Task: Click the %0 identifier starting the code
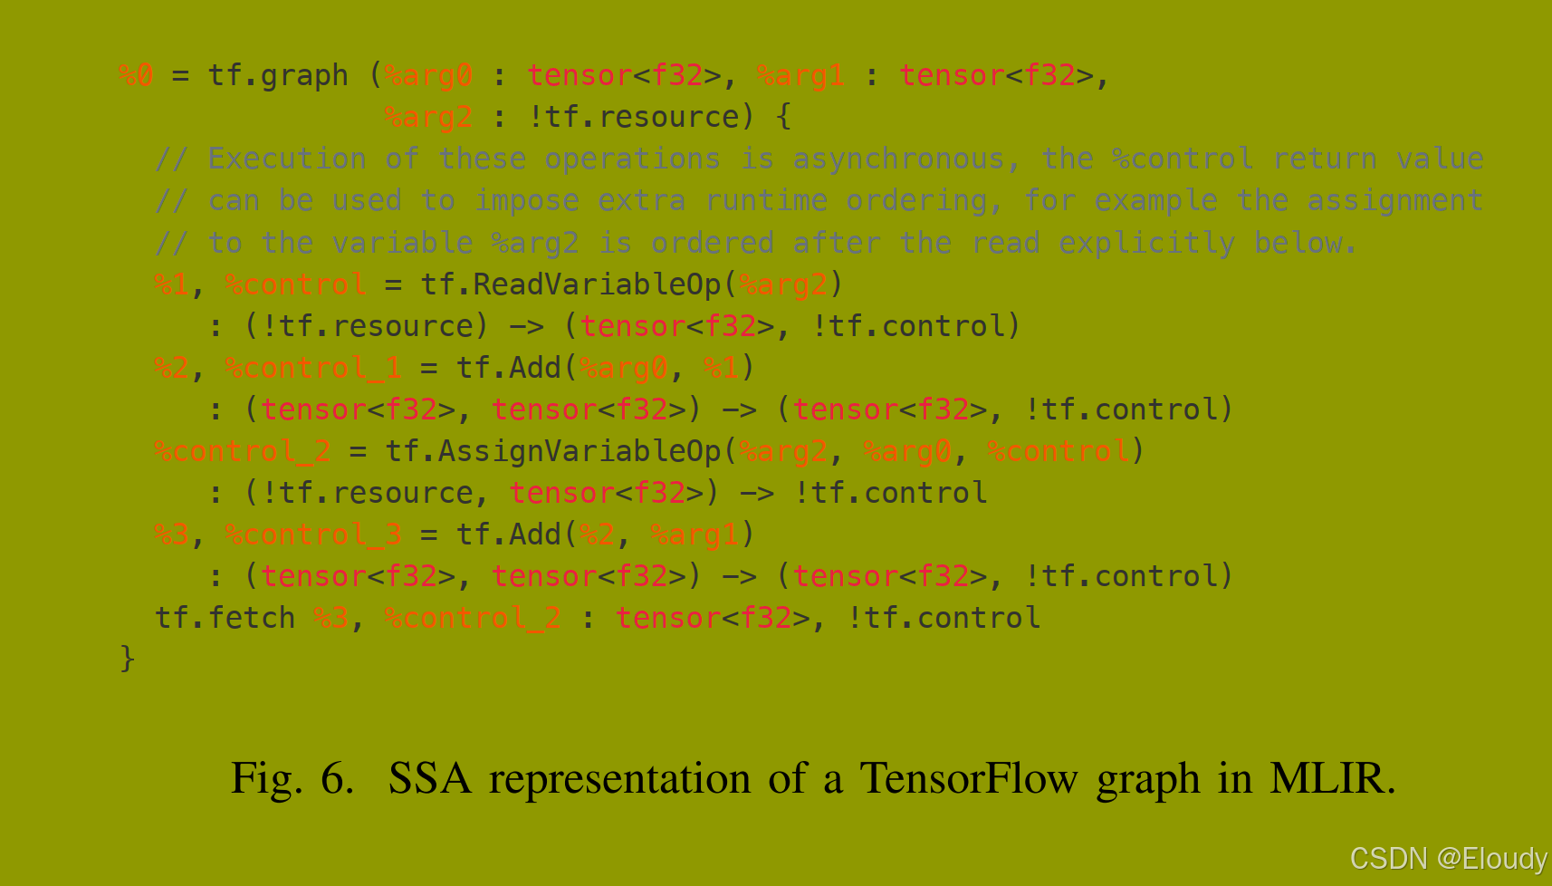[136, 75]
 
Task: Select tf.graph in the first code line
[278, 76]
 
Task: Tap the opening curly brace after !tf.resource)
[783, 117]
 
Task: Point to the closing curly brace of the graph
[127, 658]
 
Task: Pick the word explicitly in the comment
[1146, 243]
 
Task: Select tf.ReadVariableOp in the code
[570, 284]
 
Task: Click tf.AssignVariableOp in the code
[553, 451]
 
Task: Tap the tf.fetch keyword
[225, 618]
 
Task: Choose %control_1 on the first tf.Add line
[313, 368]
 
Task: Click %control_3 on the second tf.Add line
[313, 534]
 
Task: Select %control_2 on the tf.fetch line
[473, 618]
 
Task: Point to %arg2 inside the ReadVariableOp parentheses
[783, 284]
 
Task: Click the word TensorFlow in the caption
[969, 778]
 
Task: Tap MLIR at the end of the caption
[1332, 778]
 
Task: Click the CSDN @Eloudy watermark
[1448, 858]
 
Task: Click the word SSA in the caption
[430, 778]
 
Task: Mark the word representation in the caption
[619, 778]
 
